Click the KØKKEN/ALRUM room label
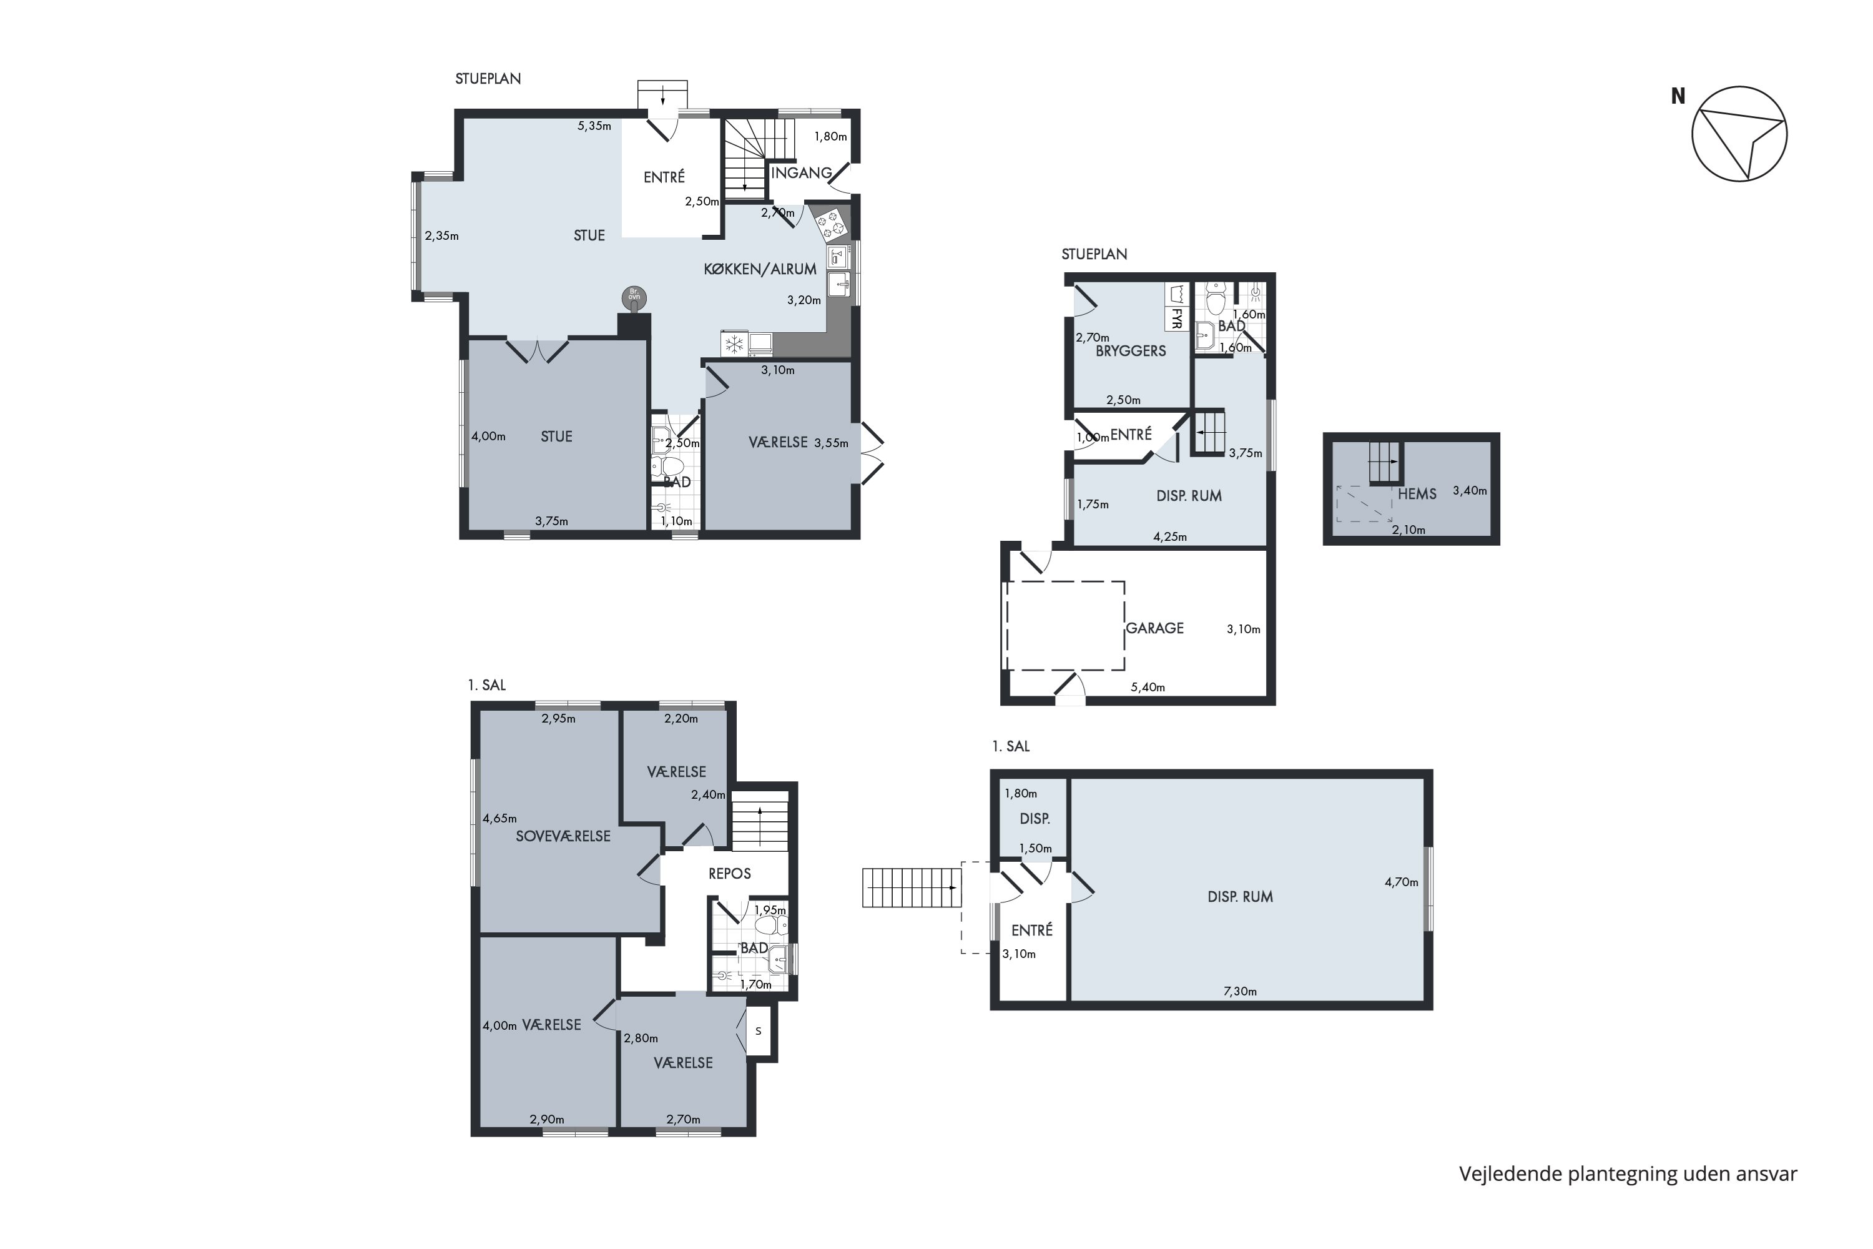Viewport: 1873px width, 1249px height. (x=760, y=269)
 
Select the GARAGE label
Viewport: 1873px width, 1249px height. (x=1154, y=628)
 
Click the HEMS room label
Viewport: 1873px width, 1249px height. (x=1417, y=494)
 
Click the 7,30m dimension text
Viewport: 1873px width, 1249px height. (x=1240, y=992)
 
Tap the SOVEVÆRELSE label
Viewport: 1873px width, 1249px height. (x=563, y=836)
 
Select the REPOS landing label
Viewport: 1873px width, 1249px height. (x=729, y=874)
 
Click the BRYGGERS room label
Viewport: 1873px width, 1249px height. (x=1131, y=351)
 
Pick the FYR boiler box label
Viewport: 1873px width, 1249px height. (x=1176, y=317)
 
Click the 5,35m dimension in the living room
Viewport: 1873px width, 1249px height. (x=594, y=126)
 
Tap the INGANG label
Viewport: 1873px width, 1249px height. (x=801, y=173)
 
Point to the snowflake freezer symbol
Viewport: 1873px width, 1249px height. (x=734, y=344)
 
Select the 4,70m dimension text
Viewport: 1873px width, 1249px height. (x=1402, y=882)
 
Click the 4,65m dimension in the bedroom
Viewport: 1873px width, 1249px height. (x=499, y=819)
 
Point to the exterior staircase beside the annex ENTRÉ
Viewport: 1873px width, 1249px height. (x=912, y=887)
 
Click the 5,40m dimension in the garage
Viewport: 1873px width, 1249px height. (x=1148, y=688)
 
